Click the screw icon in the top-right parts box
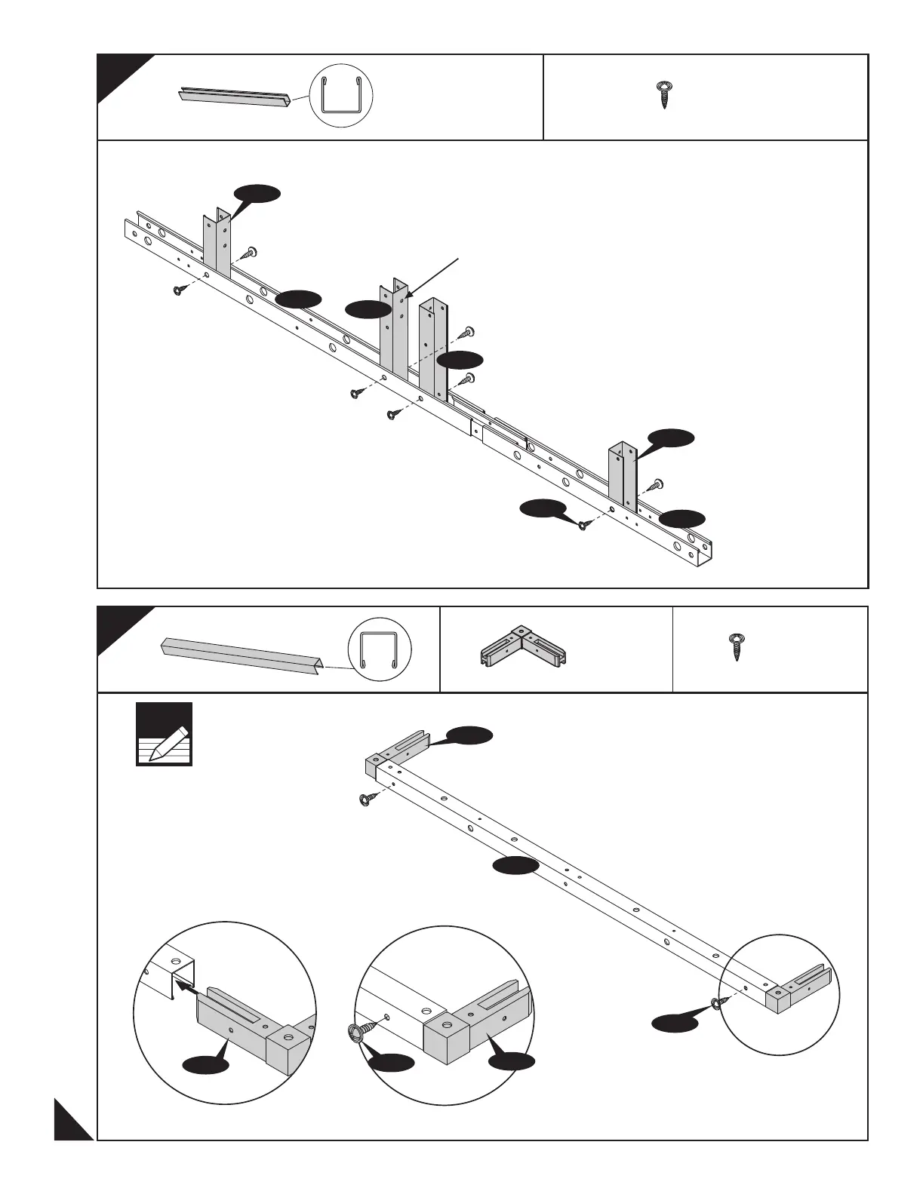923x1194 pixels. pyautogui.click(x=664, y=95)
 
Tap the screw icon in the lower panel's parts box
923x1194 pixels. pyautogui.click(x=736, y=648)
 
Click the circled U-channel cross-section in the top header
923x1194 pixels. pyautogui.click(x=341, y=97)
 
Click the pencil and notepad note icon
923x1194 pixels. pyautogui.click(x=165, y=735)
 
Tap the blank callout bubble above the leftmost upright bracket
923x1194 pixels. pyautogui.click(x=257, y=194)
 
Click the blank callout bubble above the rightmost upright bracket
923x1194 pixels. pyautogui.click(x=671, y=438)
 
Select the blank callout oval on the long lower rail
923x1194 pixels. pyautogui.click(x=515, y=866)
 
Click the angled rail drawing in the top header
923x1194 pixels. pyautogui.click(x=234, y=97)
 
